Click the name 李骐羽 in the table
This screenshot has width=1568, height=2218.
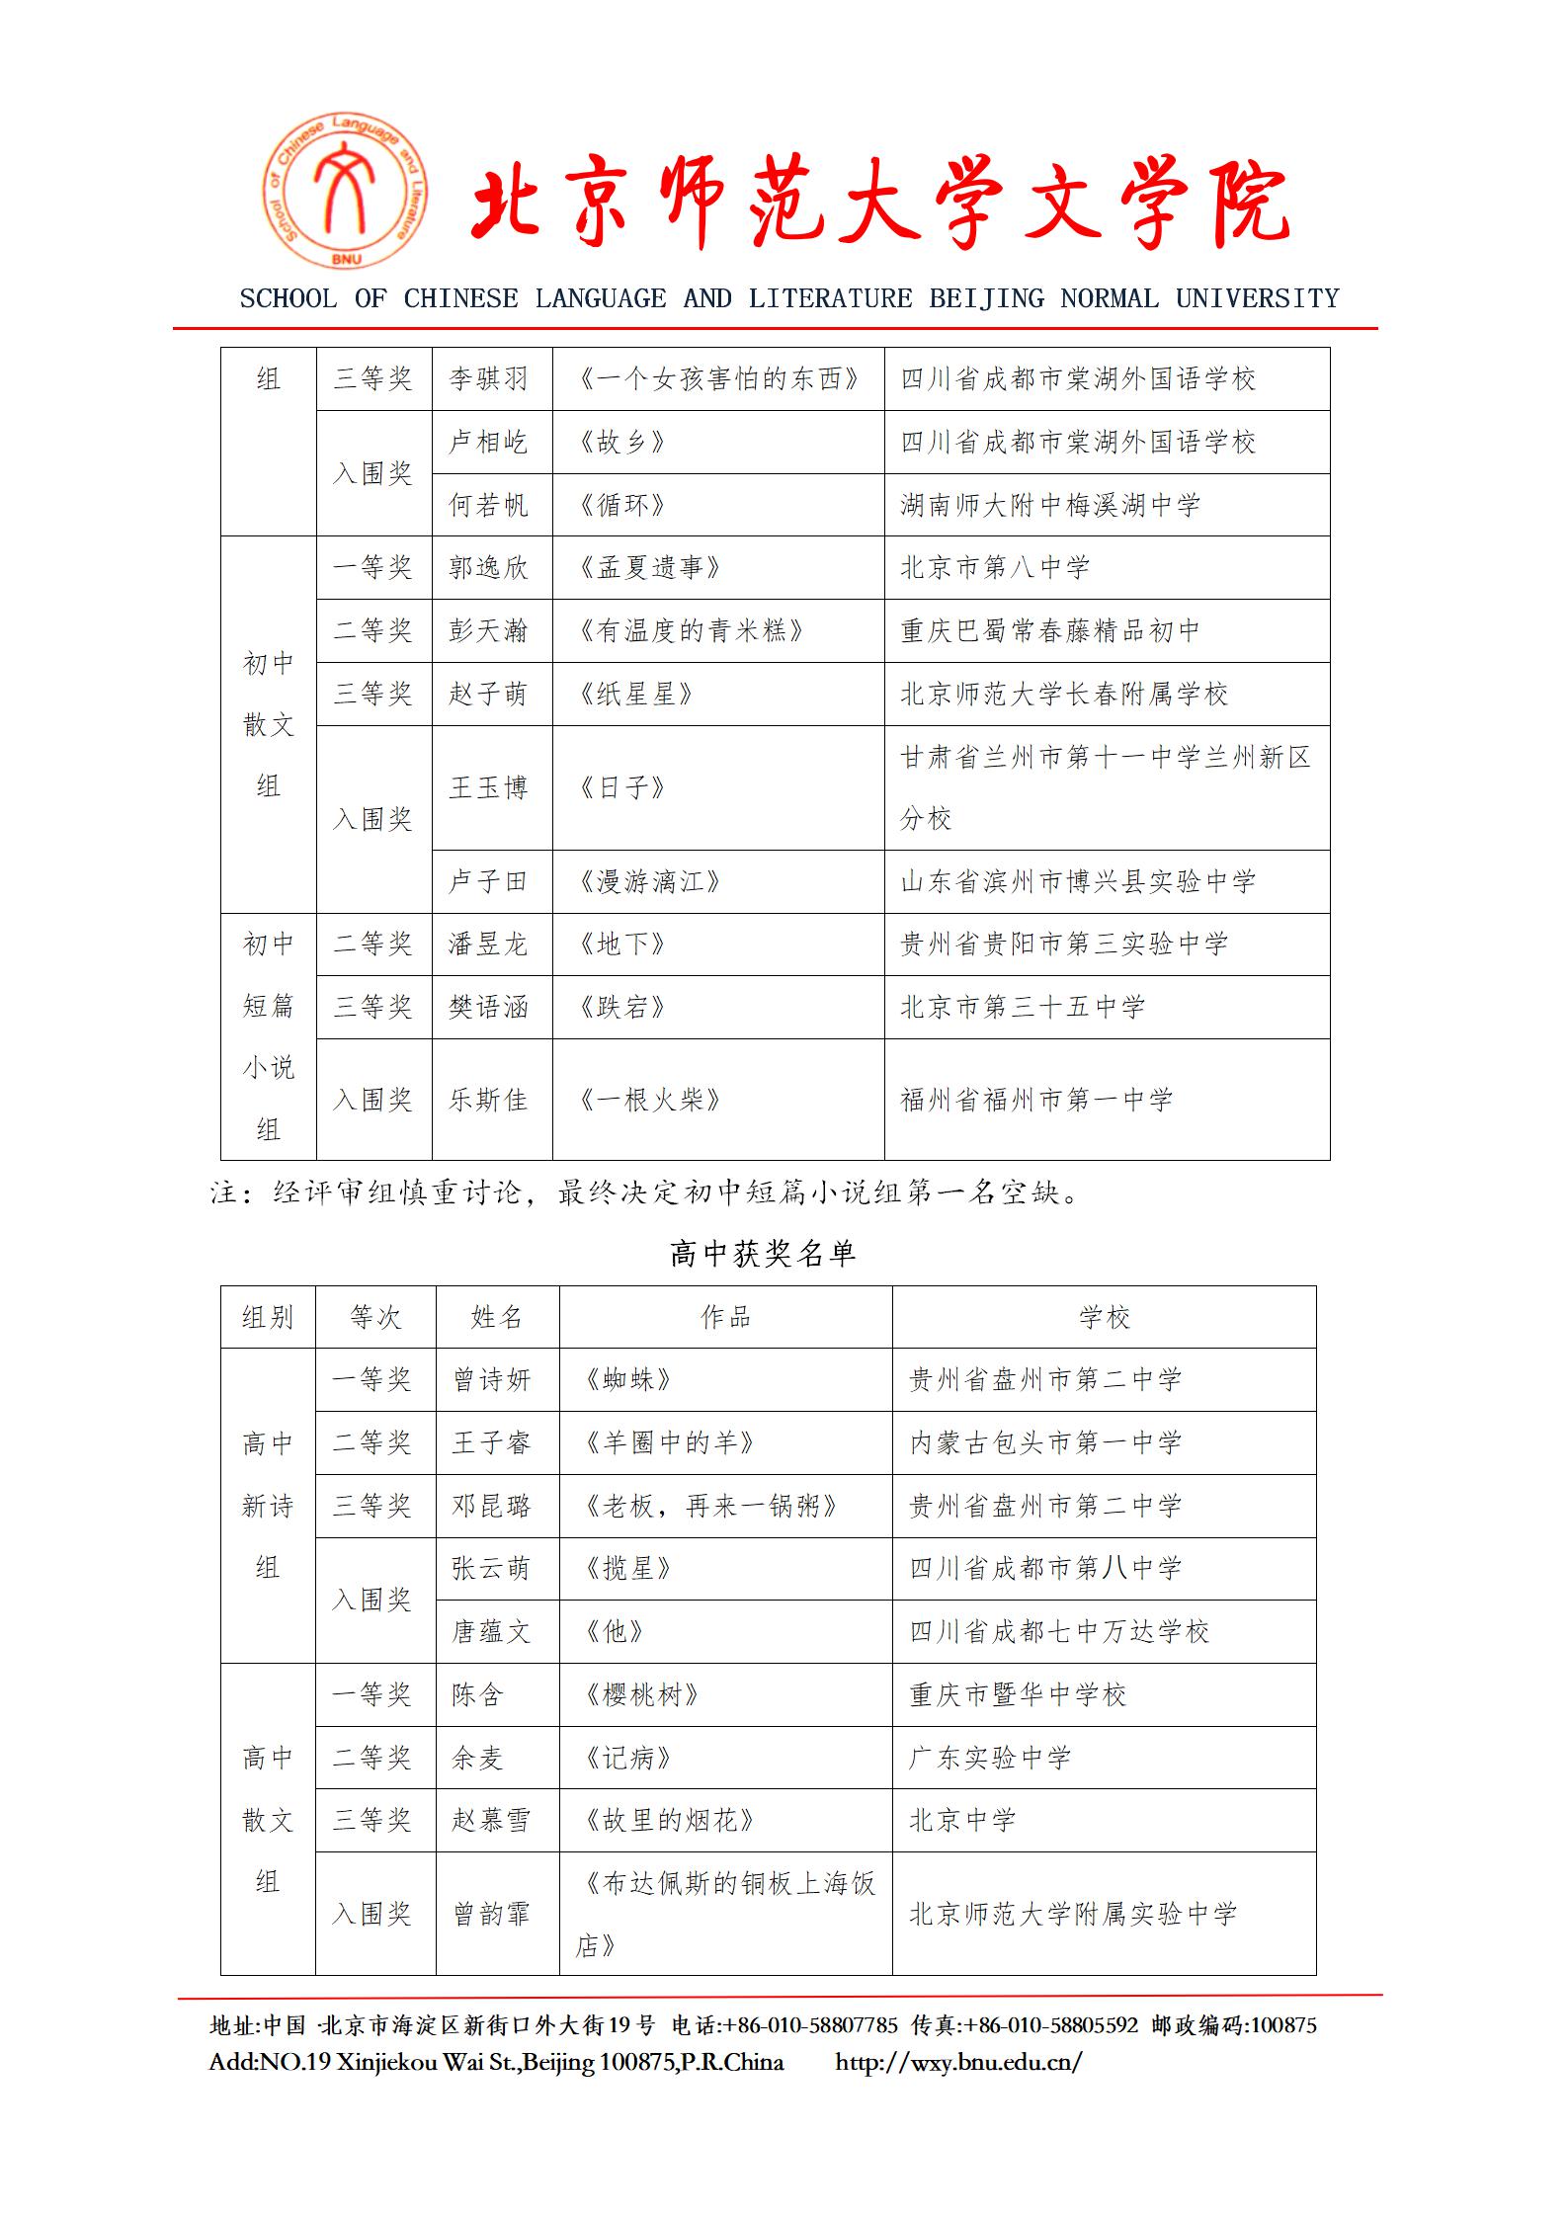(488, 379)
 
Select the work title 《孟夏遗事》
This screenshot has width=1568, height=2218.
(649, 568)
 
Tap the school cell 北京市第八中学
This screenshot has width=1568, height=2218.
(995, 568)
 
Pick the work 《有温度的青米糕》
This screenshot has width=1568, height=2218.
(691, 630)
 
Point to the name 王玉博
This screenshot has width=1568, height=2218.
(488, 788)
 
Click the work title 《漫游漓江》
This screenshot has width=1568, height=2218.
(649, 881)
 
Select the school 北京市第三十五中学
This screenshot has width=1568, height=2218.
(1023, 1008)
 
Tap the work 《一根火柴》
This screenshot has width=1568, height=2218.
(649, 1100)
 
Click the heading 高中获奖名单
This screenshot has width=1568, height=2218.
(762, 1255)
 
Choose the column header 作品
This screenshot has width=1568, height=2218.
(725, 1317)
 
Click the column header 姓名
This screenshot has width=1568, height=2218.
(497, 1317)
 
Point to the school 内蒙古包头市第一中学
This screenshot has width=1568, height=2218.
(1045, 1443)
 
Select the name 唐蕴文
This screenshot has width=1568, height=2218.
(491, 1632)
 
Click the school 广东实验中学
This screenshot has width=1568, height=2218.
(990, 1758)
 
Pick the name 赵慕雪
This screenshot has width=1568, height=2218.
(491, 1821)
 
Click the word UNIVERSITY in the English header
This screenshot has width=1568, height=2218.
(1257, 298)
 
